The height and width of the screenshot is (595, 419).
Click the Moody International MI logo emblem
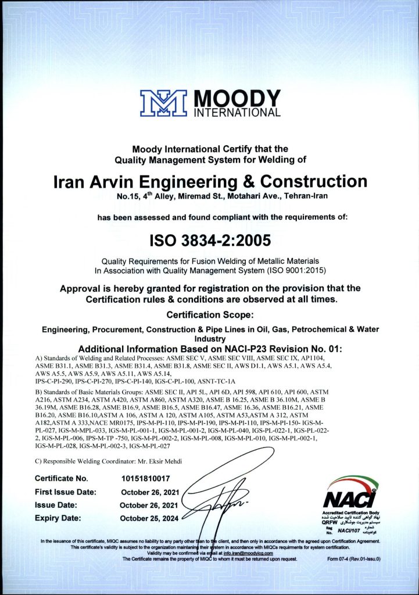(x=163, y=103)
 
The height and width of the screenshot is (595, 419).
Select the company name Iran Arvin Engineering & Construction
(x=210, y=182)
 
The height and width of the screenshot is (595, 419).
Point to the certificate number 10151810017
(x=145, y=479)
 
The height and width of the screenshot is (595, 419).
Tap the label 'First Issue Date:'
(x=66, y=492)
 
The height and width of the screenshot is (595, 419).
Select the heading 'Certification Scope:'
(x=210, y=315)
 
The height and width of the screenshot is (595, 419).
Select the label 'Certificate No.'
(x=62, y=479)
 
